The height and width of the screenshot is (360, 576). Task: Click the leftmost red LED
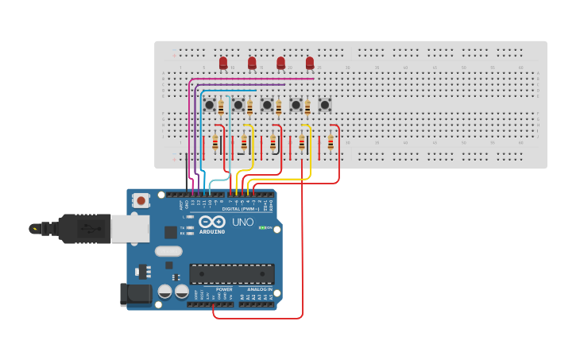(x=223, y=62)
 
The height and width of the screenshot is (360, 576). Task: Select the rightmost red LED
(x=310, y=62)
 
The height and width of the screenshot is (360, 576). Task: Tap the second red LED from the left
(x=252, y=62)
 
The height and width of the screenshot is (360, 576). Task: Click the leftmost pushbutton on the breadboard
(x=209, y=104)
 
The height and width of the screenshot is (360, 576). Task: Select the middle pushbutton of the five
(x=267, y=104)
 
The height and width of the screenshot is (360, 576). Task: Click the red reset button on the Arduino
(x=141, y=200)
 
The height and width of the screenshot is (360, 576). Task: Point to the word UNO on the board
(x=243, y=223)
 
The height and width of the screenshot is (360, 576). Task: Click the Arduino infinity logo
(x=212, y=222)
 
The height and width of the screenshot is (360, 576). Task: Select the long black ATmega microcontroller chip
(x=231, y=274)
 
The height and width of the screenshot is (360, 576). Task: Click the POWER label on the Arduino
(x=224, y=289)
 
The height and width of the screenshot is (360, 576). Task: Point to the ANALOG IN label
(x=258, y=289)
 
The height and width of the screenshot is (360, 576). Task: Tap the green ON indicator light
(x=262, y=228)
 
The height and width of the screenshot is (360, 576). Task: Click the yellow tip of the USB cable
(x=33, y=229)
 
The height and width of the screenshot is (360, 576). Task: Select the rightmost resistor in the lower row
(x=331, y=143)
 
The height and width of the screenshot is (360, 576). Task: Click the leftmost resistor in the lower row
(x=215, y=143)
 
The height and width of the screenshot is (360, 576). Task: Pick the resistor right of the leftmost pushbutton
(x=221, y=107)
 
